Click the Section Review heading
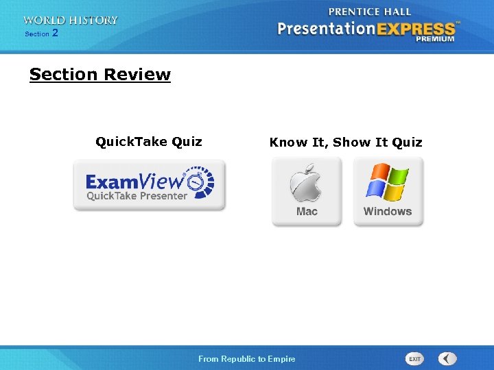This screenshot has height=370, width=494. click(99, 75)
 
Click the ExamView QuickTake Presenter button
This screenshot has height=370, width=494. click(149, 185)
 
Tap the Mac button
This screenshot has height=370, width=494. click(307, 191)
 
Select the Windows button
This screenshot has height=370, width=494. click(388, 191)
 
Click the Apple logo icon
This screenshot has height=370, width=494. click(305, 182)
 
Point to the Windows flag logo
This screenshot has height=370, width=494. click(387, 182)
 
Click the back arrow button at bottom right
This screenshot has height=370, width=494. click(447, 358)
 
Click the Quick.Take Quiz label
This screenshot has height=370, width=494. click(149, 142)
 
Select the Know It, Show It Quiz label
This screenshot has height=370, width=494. click(346, 143)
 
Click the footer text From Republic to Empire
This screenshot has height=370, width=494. click(246, 359)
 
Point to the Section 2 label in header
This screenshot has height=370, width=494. click(41, 34)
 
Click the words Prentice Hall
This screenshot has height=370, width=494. click(370, 12)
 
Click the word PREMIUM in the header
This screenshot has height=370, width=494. click(434, 39)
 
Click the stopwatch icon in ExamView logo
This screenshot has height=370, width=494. click(200, 181)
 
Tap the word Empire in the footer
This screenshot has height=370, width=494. click(282, 359)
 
